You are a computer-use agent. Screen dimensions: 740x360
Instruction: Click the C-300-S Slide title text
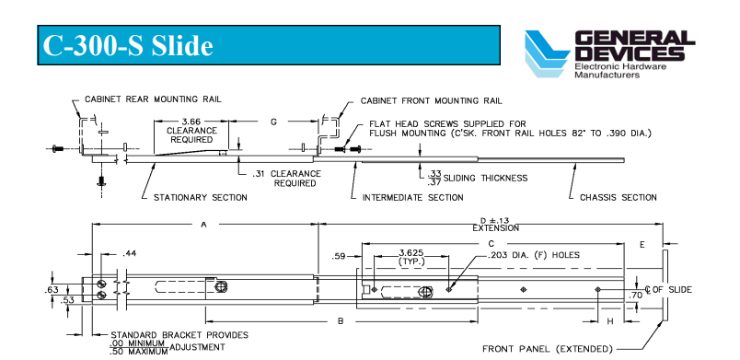coord(128,46)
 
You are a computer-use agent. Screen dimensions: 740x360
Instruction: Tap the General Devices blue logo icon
coord(547,53)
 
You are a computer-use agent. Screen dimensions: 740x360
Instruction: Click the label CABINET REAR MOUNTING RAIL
coord(153,99)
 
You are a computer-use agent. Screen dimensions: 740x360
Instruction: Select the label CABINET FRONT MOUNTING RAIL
coord(432,101)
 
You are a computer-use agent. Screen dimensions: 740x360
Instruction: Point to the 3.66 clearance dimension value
coord(191,122)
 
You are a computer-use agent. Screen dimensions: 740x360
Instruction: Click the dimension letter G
coord(273,122)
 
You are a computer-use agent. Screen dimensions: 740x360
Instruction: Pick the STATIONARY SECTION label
coord(200,197)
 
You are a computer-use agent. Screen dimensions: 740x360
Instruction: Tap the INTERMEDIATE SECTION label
coord(412,197)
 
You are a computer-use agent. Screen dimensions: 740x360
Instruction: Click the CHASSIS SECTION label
coord(619,197)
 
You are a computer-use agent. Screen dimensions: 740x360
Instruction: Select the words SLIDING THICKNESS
coord(485,178)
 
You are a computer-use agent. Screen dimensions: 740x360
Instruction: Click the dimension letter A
coord(204,225)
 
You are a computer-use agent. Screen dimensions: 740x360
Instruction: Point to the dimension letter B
coord(341,321)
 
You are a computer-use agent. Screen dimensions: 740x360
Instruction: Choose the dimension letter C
coord(491,243)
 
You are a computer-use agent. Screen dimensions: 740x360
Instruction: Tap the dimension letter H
coord(609,321)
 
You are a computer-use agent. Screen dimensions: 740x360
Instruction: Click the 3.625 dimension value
coord(411,253)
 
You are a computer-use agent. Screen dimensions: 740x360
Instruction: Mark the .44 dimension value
coord(130,254)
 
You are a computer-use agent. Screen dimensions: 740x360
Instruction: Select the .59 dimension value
coord(339,257)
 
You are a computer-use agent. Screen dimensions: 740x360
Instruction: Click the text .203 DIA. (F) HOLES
coord(533,255)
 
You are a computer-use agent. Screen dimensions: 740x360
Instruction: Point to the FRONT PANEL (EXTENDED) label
coord(548,349)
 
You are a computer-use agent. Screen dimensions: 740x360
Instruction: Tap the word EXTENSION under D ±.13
coord(495,228)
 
